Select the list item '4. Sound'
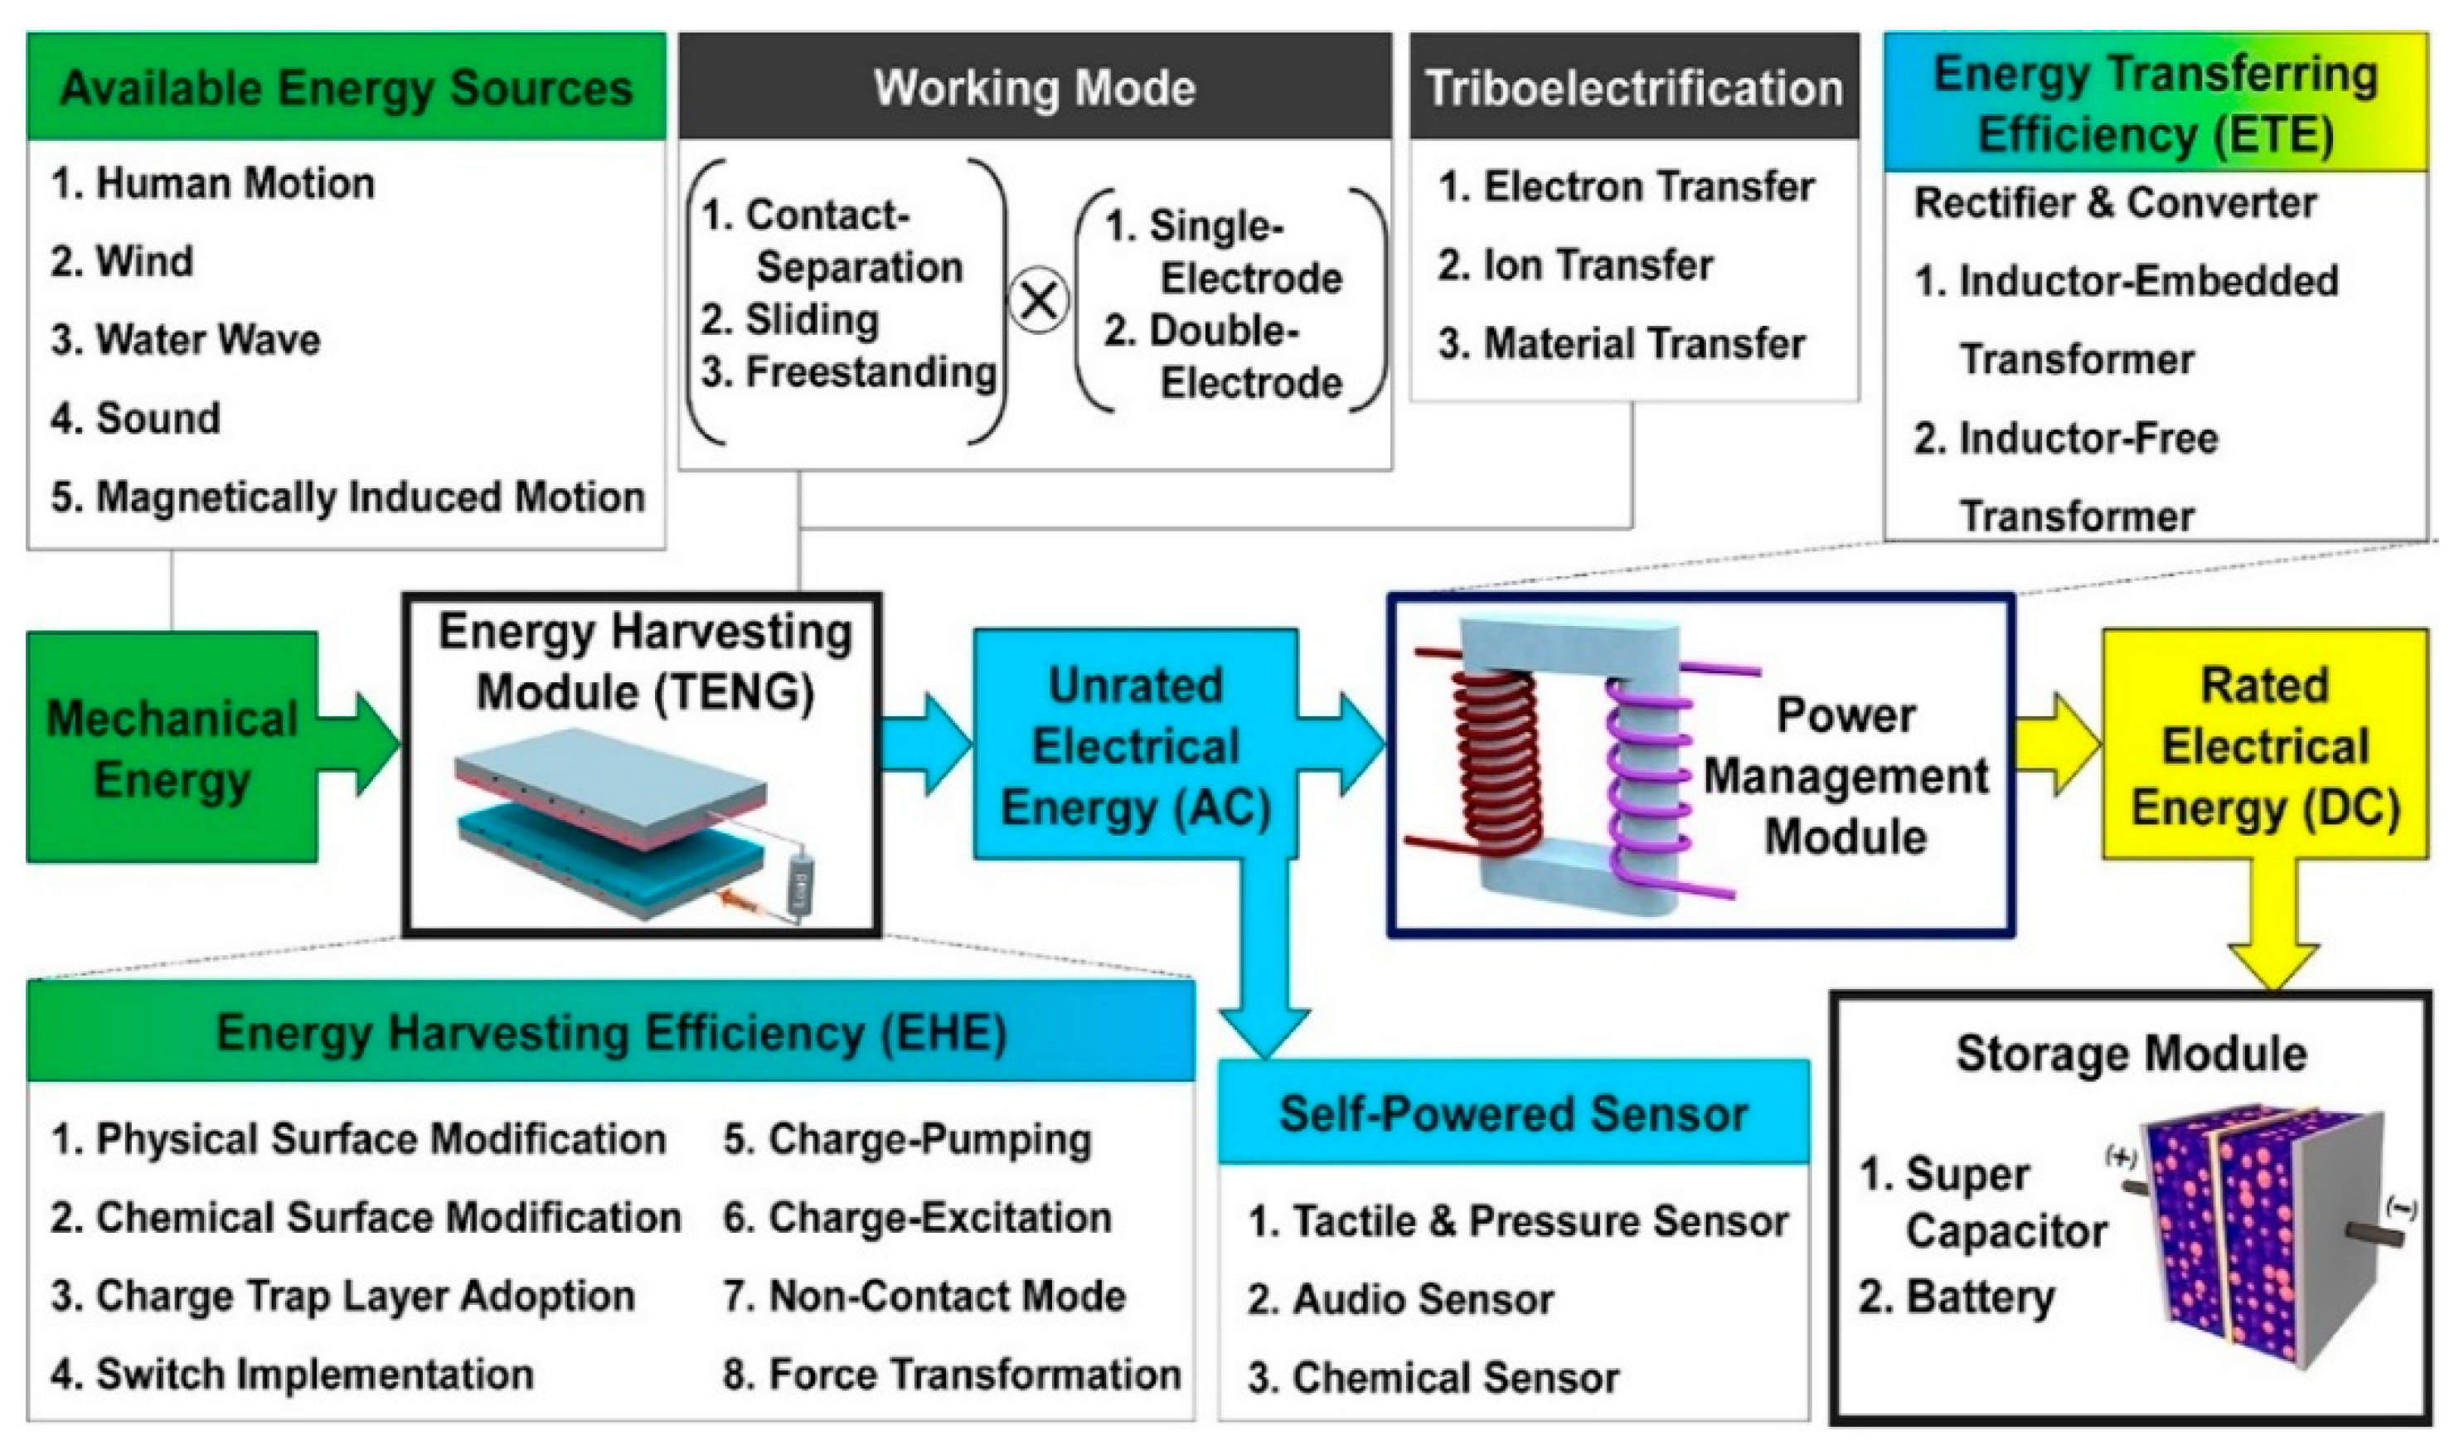click(136, 419)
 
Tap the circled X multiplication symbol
click(1038, 301)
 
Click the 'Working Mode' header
click(1035, 88)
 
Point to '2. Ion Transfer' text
click(1575, 265)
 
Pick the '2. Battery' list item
click(1957, 1297)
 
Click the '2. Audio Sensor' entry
click(1400, 1299)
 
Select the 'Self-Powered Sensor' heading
click(1514, 1113)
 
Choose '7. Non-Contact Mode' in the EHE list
click(924, 1296)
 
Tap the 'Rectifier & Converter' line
click(2115, 203)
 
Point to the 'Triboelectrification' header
click(1634, 88)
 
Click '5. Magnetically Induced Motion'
click(348, 497)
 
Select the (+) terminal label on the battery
click(2119, 1157)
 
